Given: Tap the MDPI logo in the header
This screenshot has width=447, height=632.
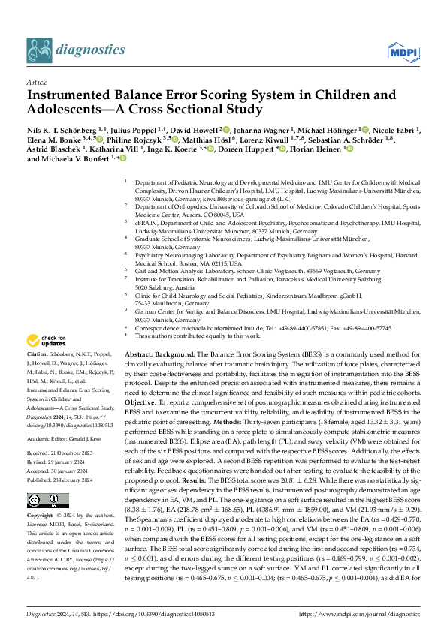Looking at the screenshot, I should coord(400,51).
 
